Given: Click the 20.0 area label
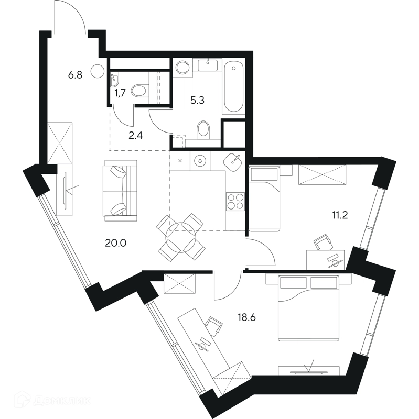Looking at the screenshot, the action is [115, 243].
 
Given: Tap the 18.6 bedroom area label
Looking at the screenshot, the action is [246, 317].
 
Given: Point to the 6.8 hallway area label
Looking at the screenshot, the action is [75, 75].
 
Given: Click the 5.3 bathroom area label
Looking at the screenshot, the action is [198, 100].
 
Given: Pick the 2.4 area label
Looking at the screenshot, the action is [136, 136].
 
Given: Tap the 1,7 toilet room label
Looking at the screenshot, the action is [120, 94].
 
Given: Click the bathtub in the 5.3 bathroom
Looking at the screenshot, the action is [233, 87].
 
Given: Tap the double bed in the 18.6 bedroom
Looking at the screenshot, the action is [308, 308].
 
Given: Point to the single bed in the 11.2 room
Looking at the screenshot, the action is [264, 199].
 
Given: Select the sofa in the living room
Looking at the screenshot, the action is [121, 191].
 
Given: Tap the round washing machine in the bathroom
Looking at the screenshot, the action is [182, 67].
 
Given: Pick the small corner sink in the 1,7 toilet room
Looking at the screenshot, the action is [115, 80].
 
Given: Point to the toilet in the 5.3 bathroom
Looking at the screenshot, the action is [203, 130].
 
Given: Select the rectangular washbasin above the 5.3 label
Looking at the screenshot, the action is [208, 65].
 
